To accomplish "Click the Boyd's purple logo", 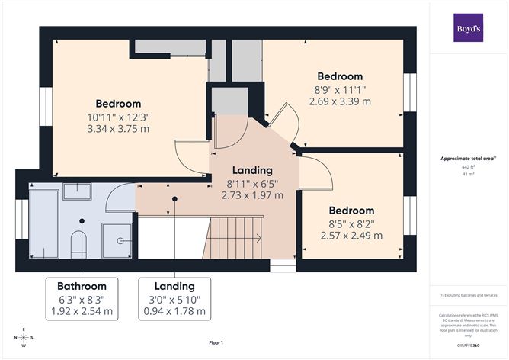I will (x=469, y=27).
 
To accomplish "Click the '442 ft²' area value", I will (x=468, y=166).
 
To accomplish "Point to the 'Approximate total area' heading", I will (x=467, y=159).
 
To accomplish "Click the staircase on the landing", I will (x=236, y=236).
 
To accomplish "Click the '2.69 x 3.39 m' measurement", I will (x=340, y=101).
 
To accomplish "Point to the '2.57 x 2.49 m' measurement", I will (x=351, y=235).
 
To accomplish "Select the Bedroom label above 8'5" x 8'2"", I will (x=351, y=211).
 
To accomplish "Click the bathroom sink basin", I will (x=77, y=191).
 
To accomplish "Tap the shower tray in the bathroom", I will (x=120, y=239).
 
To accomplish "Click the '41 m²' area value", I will (x=468, y=174).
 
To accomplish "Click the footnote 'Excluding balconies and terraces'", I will (x=468, y=294).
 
